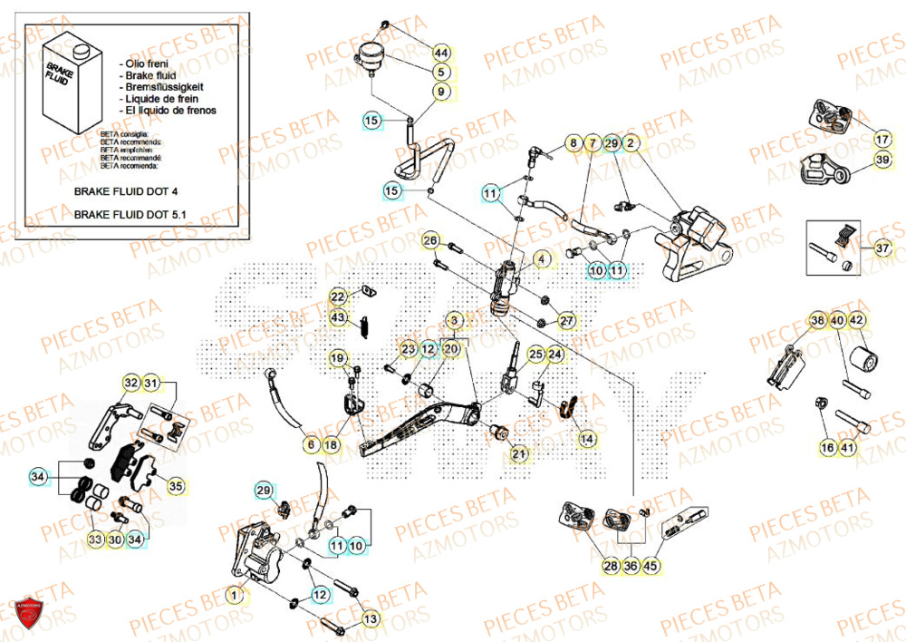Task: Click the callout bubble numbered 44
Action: click(440, 52)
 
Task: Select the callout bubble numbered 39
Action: click(882, 160)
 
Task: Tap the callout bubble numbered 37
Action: click(882, 248)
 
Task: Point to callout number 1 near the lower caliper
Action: click(234, 596)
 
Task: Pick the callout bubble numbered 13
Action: click(370, 618)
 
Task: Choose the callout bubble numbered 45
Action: click(651, 566)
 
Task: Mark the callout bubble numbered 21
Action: click(518, 453)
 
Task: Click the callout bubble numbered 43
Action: click(338, 317)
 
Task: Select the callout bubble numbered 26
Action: click(431, 241)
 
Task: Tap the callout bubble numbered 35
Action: click(176, 487)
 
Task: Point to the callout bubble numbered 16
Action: click(828, 447)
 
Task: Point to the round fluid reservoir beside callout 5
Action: click(371, 55)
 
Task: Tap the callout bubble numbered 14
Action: click(588, 439)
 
